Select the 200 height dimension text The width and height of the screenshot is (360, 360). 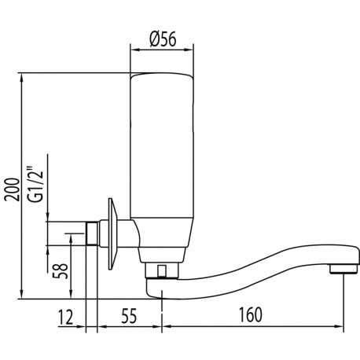(x=10, y=186)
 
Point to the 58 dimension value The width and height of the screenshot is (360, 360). (x=57, y=270)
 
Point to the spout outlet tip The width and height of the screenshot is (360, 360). (x=339, y=270)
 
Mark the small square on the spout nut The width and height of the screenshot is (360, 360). (x=162, y=272)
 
